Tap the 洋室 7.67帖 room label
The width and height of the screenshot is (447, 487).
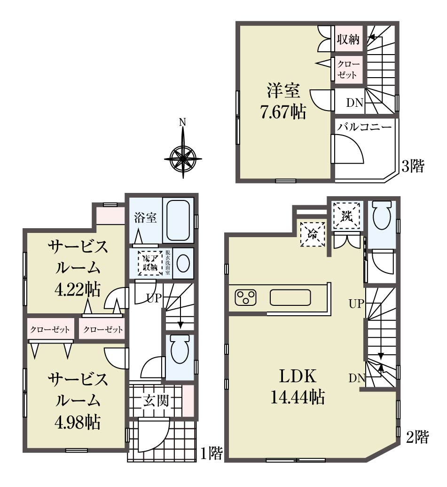click(283, 102)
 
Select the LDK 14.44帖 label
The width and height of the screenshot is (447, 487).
click(298, 386)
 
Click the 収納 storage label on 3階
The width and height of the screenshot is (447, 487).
click(348, 40)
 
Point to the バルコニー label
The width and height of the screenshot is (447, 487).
click(365, 127)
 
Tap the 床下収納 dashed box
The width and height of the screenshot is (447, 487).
click(150, 263)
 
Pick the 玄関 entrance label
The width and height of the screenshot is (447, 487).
click(156, 401)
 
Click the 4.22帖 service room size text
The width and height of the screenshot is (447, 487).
click(78, 290)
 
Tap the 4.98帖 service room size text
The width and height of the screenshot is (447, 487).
click(78, 423)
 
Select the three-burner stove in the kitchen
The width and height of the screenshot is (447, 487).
click(246, 297)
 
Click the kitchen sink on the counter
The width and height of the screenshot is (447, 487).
click(290, 297)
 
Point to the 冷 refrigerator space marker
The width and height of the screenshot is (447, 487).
click(313, 234)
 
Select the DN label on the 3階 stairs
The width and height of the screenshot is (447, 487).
click(354, 103)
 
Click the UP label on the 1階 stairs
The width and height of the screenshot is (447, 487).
click(154, 298)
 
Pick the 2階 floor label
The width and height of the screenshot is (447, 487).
click(417, 437)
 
